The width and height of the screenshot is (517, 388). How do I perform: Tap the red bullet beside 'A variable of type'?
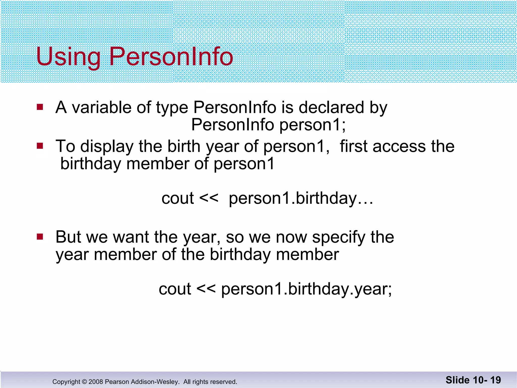(40, 107)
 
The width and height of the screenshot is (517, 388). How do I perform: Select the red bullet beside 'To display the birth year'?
(40, 146)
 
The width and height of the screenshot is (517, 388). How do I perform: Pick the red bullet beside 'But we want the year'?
(40, 237)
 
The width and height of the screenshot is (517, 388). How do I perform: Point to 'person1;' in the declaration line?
(313, 125)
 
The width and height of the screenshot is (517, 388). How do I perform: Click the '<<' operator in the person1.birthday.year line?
(206, 288)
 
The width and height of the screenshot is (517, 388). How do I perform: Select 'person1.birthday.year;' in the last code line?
(306, 289)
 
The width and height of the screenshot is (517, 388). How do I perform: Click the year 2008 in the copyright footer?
(96, 382)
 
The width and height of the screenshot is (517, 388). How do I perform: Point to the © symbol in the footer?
(84, 382)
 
